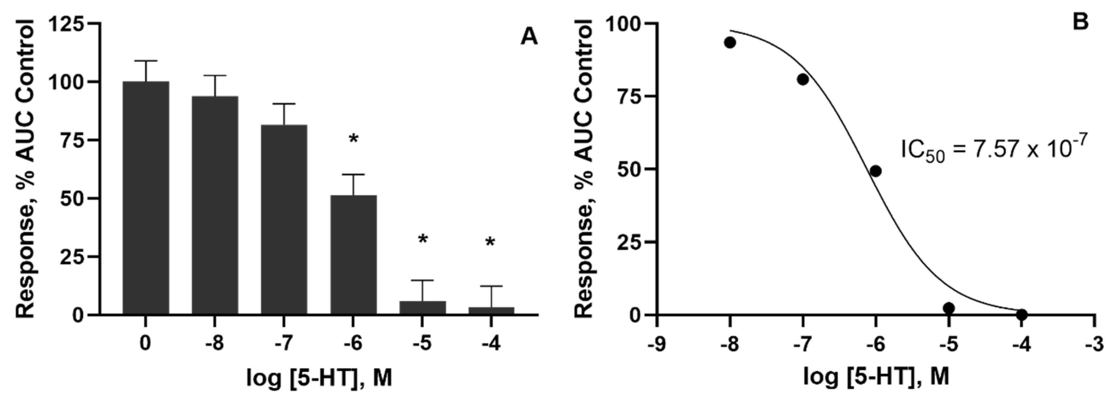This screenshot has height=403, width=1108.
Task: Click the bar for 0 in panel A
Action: (x=146, y=198)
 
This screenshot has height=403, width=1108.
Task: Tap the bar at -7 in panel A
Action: (x=284, y=219)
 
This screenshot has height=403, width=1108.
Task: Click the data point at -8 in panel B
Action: (x=730, y=42)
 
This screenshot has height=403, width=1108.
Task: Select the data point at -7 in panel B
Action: (x=803, y=79)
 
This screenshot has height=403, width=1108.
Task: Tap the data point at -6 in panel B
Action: (x=875, y=171)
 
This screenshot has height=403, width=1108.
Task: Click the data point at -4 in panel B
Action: (x=1022, y=314)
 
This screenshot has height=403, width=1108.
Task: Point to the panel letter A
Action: (x=529, y=38)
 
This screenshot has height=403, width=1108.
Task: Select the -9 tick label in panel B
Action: (x=657, y=344)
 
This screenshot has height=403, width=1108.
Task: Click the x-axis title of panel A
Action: (x=319, y=378)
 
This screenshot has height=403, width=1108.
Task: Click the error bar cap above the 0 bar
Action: (x=146, y=61)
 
